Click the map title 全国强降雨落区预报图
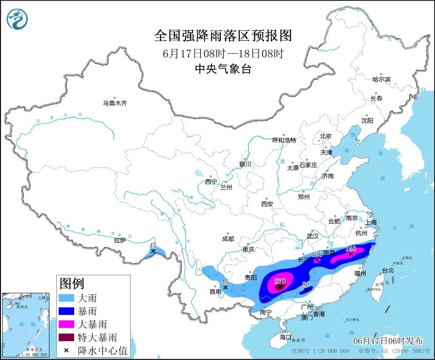point(223,36)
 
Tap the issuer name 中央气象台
point(223,68)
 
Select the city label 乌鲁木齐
point(115,103)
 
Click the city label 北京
point(325,136)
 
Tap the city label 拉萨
point(119,240)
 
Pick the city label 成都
point(228,239)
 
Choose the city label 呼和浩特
point(284,140)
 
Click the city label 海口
point(286,337)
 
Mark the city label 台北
point(388,270)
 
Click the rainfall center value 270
point(280,281)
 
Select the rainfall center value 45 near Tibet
point(153,245)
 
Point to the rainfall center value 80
point(305,285)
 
